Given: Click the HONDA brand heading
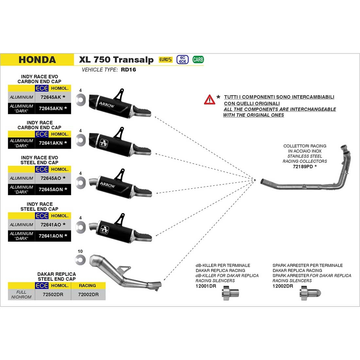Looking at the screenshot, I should (37, 60).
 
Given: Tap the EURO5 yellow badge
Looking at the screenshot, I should (165, 60).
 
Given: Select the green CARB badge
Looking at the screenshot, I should (198, 60).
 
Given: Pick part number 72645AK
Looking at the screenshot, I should (50, 97).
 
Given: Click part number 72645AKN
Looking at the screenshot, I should (51, 108).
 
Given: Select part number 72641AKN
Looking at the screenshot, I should (51, 143).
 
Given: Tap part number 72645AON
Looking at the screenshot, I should (51, 189).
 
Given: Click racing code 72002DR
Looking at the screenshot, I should (88, 294).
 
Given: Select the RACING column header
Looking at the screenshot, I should (87, 286).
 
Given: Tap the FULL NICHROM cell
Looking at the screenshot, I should (21, 294).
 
